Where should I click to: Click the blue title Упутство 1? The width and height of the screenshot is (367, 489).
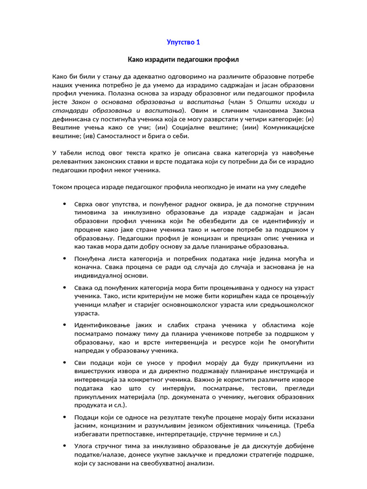pos(183,43)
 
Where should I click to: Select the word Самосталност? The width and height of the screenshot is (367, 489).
pos(106,137)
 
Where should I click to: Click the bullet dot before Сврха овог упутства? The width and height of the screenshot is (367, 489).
pos(65,204)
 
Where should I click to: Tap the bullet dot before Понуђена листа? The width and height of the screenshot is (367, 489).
pos(65,258)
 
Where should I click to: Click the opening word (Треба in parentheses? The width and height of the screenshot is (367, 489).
pos(303,425)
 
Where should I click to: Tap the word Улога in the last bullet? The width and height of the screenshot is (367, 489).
pos(85,446)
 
